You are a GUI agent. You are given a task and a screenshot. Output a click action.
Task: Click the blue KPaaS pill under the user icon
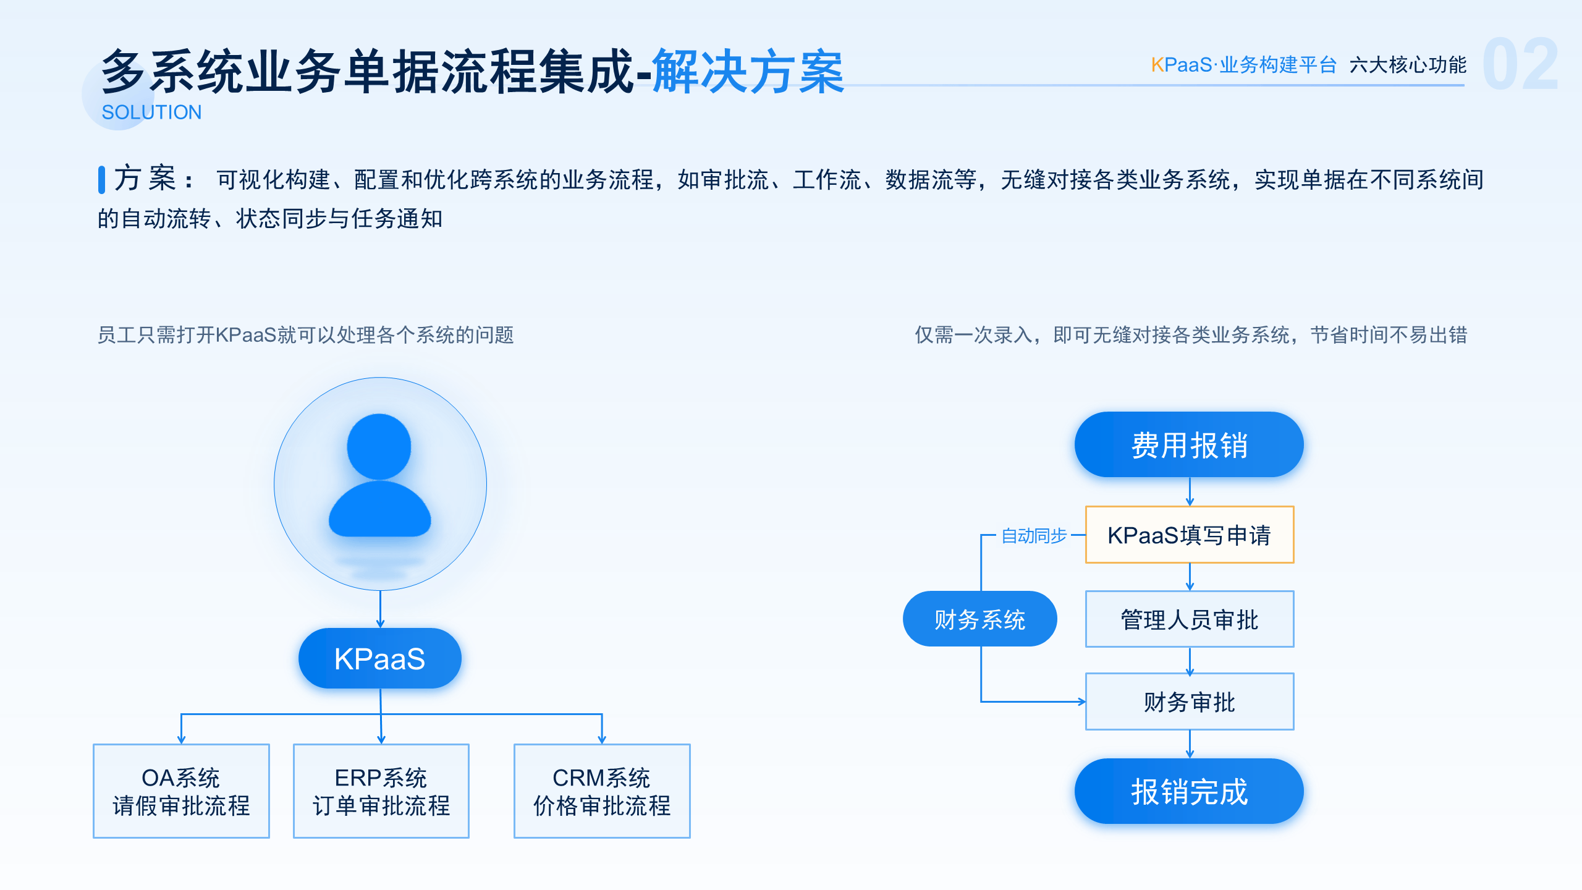pos(379,658)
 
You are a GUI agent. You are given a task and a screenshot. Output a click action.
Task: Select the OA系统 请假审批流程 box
pos(181,791)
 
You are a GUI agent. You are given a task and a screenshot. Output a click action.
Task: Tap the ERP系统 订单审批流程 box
pos(381,791)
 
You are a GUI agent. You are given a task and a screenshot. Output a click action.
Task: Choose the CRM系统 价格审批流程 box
pos(602,791)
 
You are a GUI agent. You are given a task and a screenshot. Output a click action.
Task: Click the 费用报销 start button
pos(1189,444)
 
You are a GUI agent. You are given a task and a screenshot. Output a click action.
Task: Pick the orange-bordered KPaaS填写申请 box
pos(1190,535)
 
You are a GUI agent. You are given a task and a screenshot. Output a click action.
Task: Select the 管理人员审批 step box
pos(1190,619)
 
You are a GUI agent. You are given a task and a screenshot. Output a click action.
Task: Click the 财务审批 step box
pos(1190,701)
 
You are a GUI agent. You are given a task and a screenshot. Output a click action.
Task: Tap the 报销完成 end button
pos(1189,791)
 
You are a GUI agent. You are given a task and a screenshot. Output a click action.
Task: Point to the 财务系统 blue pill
pos(980,619)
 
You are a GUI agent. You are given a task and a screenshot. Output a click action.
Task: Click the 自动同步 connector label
pos(1034,535)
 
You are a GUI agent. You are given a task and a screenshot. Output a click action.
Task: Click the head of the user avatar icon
pos(379,446)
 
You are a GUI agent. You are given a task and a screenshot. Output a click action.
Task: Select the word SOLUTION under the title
pos(151,112)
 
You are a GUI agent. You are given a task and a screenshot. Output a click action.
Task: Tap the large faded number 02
pos(1521,64)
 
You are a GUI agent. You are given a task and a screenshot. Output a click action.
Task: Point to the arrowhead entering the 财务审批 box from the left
pos(1082,701)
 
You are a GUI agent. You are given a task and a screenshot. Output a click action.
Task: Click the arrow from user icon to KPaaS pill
pos(380,609)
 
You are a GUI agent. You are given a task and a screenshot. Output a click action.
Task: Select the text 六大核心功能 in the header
pos(1408,65)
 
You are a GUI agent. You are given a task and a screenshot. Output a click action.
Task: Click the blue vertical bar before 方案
pos(101,179)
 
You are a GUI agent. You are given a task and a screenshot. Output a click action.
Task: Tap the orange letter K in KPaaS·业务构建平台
pos(1157,65)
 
